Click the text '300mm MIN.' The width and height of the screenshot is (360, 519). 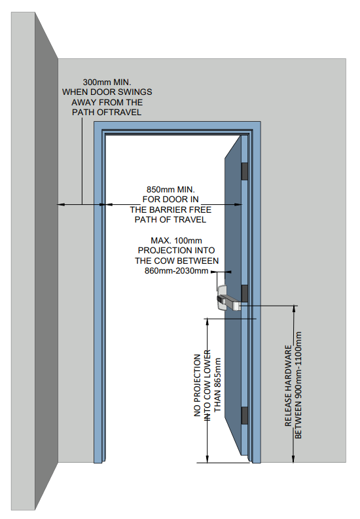click(107, 82)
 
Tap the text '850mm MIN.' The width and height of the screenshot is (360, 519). click(170, 190)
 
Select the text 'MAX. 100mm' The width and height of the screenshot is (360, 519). click(176, 241)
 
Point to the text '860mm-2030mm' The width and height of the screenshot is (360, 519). click(176, 271)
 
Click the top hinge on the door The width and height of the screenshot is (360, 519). click(245, 171)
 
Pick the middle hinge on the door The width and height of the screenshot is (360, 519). click(245, 293)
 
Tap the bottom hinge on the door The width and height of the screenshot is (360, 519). click(245, 416)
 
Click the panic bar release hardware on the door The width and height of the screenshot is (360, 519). click(228, 298)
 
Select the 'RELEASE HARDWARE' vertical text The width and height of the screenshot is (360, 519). click(288, 385)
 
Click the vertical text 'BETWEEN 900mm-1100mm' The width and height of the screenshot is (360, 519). click(298, 385)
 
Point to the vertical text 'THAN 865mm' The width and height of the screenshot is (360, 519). click(217, 385)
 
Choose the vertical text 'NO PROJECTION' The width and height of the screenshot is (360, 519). click(198, 385)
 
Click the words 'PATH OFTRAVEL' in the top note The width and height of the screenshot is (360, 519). click(107, 112)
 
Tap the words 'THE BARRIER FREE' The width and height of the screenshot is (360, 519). click(170, 210)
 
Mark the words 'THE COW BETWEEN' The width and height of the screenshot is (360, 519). click(177, 261)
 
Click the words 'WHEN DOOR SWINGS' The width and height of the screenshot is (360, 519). click(107, 92)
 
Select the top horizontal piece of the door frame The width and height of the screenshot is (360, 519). click(177, 126)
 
